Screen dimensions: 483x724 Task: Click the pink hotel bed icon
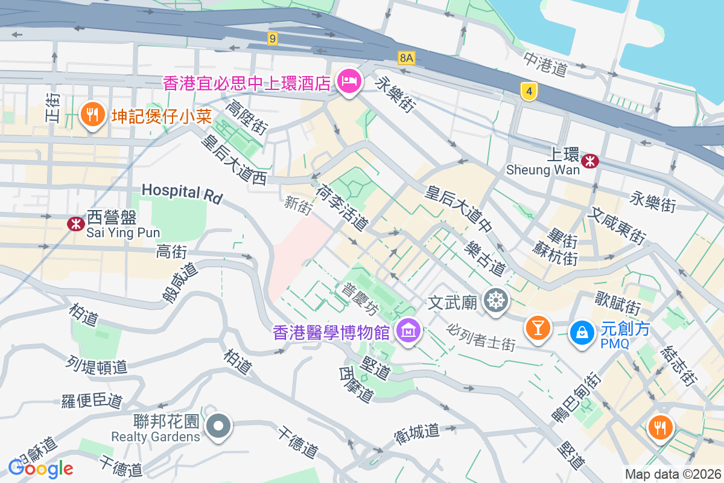pos(349,81)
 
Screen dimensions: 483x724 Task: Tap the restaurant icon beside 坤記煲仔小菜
pos(92,114)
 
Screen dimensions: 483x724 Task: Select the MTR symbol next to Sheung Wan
pos(589,161)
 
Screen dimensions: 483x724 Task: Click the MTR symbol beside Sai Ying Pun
pos(75,223)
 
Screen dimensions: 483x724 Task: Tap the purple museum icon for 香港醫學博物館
pos(408,330)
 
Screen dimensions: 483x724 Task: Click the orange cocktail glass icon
pos(537,328)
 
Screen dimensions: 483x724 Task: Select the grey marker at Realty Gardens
pos(218,426)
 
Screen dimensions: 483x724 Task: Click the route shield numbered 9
pos(273,39)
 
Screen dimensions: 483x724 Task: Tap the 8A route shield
pos(407,58)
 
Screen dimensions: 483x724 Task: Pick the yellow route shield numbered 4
pos(529,92)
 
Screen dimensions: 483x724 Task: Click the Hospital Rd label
pos(182,193)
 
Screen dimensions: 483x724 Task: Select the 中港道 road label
pos(545,64)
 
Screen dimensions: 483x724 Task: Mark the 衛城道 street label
pos(417,431)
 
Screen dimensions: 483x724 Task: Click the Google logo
pos(41,468)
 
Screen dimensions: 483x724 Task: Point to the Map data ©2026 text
pos(672,474)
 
